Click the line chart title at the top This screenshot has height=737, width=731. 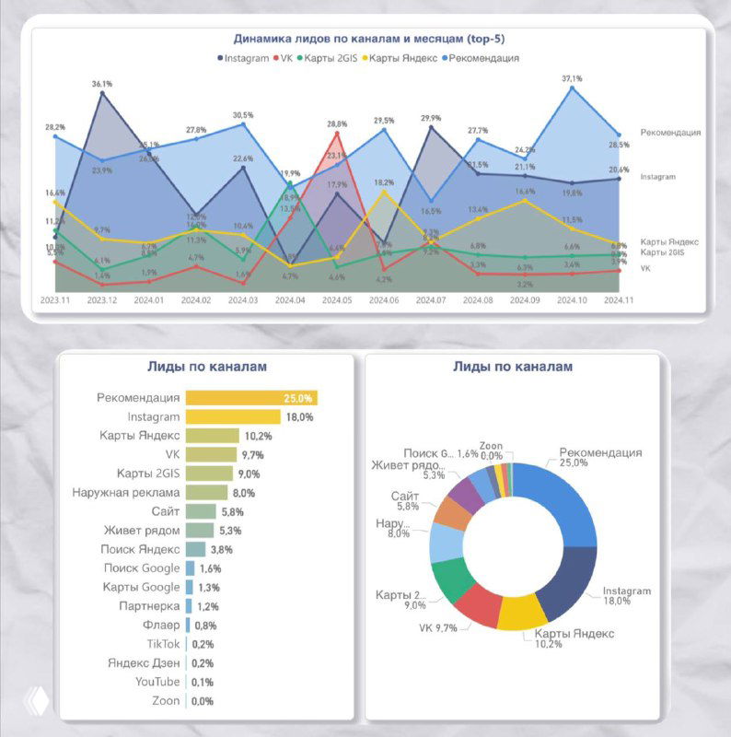tap(368, 40)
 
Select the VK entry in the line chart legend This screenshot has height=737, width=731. tap(282, 58)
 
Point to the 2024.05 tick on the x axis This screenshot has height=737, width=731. tap(336, 299)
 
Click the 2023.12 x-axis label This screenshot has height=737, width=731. tap(102, 299)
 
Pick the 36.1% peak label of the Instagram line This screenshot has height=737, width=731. tap(102, 84)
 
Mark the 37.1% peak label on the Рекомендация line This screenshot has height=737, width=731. tap(572, 79)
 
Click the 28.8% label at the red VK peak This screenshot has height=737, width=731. tap(336, 124)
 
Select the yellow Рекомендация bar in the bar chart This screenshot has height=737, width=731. tap(251, 398)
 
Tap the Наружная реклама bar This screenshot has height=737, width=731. tap(206, 492)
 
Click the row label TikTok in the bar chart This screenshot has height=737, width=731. tap(163, 644)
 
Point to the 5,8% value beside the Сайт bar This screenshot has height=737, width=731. tap(234, 511)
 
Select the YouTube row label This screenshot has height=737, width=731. tap(157, 682)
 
